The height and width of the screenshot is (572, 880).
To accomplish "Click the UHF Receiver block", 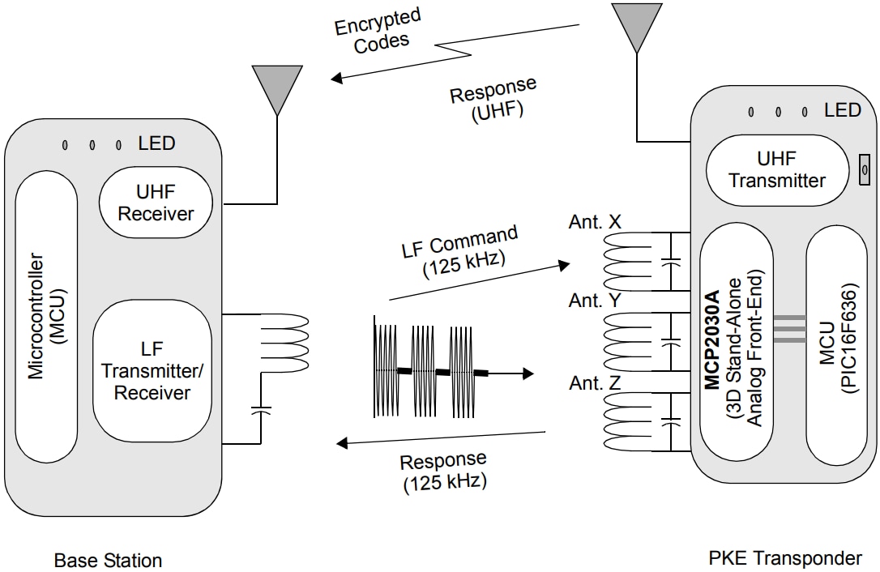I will pyautogui.click(x=156, y=203).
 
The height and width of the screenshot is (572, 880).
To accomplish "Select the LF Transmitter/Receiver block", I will pyautogui.click(x=152, y=370).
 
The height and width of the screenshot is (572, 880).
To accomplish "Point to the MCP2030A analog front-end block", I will pyautogui.click(x=736, y=354).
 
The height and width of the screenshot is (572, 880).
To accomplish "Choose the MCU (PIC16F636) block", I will pyautogui.click(x=837, y=354).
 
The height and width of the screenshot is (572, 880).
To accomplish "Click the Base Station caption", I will pyautogui.click(x=108, y=560).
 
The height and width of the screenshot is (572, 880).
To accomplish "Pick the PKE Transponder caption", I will pyautogui.click(x=785, y=558).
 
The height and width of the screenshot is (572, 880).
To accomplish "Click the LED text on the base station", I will pyautogui.click(x=156, y=143).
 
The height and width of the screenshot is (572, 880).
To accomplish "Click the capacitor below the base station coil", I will pyautogui.click(x=261, y=409).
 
